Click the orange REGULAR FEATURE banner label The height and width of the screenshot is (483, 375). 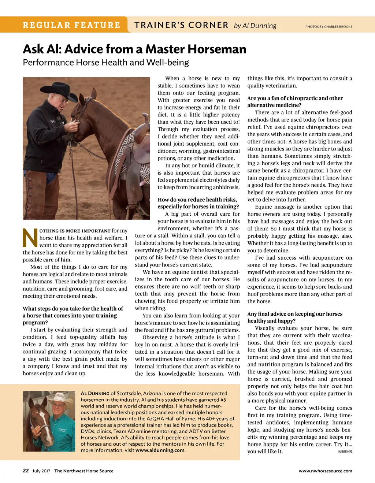tap(71, 25)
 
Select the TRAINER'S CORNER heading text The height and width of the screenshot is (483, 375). tap(181, 25)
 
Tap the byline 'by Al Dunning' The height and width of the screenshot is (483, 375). tap(255, 26)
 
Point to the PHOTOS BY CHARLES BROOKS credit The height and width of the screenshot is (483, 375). tap(328, 27)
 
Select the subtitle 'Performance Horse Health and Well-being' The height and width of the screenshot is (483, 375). tap(106, 62)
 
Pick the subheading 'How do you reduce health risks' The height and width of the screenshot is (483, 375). tap(198, 200)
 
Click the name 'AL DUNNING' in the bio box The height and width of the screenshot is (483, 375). tap(95, 393)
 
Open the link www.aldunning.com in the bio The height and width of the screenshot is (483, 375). tap(160, 450)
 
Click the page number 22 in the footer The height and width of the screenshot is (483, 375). tap(26, 471)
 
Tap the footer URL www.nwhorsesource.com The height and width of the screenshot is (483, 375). tap(325, 471)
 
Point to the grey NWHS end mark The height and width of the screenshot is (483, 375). tap(345, 452)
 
